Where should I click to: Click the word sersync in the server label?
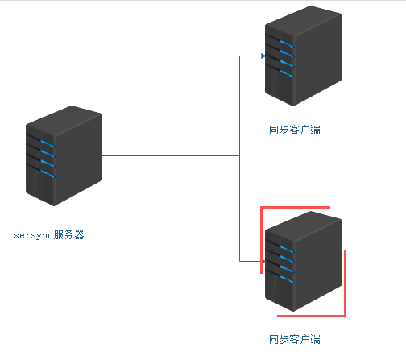coord(34,236)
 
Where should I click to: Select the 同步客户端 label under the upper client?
coord(294,130)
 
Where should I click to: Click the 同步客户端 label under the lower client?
coord(294,339)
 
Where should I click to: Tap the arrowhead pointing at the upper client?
coord(263,56)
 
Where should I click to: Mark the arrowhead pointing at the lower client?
coord(263,261)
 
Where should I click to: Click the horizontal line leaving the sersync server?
coord(169,155)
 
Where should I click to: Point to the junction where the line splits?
coord(240,155)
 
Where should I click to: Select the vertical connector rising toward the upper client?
coord(240,105)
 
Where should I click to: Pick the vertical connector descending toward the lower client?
coord(240,209)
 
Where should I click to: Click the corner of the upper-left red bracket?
coord(262,208)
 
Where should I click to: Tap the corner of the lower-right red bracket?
coord(345,315)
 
